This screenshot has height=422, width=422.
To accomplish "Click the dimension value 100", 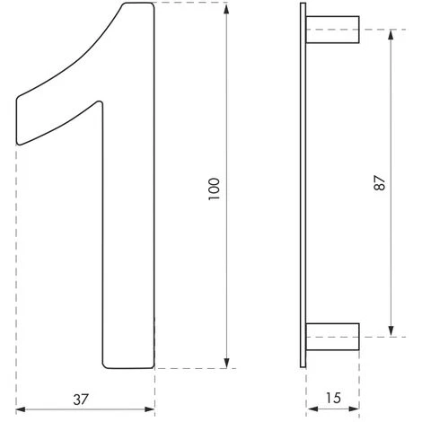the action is [x=215, y=189].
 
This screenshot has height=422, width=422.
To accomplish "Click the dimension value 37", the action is [x=81, y=400].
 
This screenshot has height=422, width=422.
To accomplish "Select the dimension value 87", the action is [x=380, y=183].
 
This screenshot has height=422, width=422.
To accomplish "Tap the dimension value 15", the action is [x=333, y=398].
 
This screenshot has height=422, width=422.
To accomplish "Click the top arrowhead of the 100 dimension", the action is [x=226, y=9].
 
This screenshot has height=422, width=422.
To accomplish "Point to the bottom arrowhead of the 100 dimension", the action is [x=226, y=363].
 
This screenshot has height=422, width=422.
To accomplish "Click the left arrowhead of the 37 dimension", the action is [x=21, y=409].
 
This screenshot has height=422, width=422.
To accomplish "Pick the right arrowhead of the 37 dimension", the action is [x=150, y=409].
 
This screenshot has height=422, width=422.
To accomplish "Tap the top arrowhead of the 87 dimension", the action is [x=391, y=35].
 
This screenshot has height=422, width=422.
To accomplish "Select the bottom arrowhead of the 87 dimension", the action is [x=391, y=331].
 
